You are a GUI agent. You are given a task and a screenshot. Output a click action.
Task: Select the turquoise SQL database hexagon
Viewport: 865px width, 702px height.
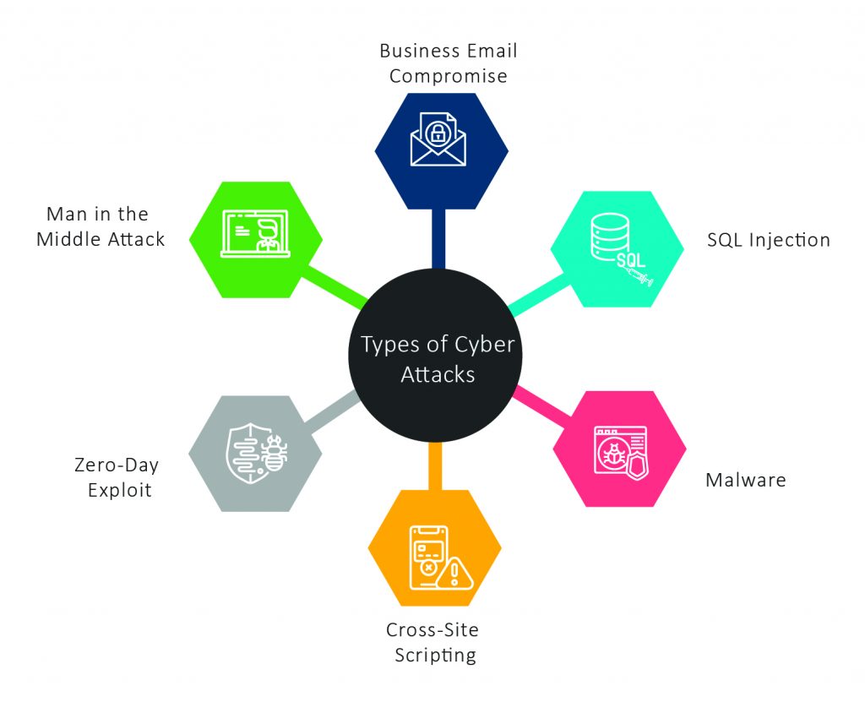click(x=617, y=248)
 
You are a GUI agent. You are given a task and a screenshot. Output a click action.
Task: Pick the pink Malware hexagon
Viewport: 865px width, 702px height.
click(x=619, y=449)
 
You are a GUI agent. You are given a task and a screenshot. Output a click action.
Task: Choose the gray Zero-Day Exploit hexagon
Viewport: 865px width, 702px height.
click(x=256, y=454)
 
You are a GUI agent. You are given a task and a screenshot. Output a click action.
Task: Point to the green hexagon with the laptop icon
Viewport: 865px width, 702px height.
click(x=256, y=239)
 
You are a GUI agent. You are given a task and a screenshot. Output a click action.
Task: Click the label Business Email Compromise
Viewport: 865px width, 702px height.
click(x=448, y=63)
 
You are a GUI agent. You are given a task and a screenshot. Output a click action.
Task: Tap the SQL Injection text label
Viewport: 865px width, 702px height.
click(x=768, y=240)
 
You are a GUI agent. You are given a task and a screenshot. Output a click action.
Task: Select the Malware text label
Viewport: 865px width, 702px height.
click(x=745, y=481)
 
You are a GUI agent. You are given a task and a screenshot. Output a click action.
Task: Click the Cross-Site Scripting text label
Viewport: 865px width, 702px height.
click(x=432, y=642)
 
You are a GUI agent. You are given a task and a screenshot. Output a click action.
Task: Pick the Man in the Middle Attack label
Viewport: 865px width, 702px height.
click(x=101, y=226)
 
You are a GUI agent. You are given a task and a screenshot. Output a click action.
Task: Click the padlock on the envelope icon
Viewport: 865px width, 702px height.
click(x=438, y=132)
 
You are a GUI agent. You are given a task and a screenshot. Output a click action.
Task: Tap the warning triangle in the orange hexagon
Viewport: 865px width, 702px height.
click(x=455, y=574)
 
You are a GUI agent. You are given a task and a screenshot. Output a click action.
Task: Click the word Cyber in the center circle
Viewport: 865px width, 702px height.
click(x=483, y=346)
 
